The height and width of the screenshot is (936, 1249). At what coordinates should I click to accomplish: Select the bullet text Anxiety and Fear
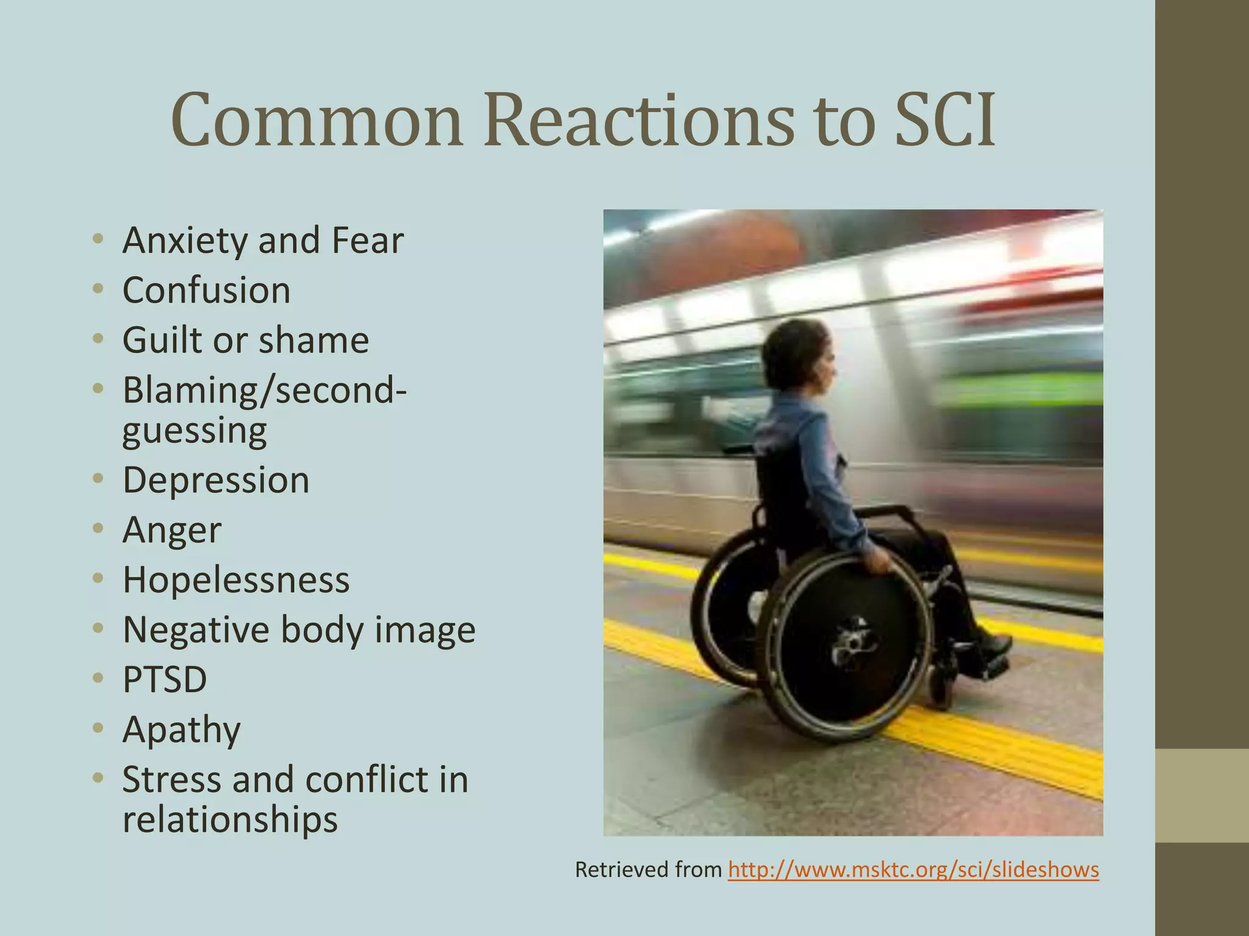click(x=263, y=240)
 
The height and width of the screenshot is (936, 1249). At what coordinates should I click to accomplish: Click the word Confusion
click(x=206, y=290)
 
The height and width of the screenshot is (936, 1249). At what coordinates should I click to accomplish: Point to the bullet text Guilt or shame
click(x=245, y=340)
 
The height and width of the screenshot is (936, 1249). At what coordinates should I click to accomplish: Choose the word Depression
click(x=216, y=480)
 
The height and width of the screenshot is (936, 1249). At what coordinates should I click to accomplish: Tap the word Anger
click(x=171, y=530)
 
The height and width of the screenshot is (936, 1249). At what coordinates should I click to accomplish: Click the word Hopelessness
click(x=236, y=580)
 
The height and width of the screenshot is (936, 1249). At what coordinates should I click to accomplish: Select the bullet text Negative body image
click(x=298, y=629)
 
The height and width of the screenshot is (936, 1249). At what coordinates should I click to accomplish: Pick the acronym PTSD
click(x=165, y=679)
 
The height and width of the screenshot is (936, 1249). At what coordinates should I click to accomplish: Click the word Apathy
click(x=181, y=729)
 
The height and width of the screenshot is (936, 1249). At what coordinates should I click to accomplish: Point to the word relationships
click(x=230, y=819)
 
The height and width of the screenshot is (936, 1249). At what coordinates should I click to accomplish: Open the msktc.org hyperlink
click(x=913, y=869)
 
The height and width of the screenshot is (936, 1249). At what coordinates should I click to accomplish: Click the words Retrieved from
click(x=648, y=870)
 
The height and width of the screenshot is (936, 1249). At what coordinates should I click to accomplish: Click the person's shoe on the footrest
click(x=991, y=643)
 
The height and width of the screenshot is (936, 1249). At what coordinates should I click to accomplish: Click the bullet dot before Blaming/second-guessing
click(x=98, y=389)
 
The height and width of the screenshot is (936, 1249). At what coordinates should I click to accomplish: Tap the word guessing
click(x=194, y=430)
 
